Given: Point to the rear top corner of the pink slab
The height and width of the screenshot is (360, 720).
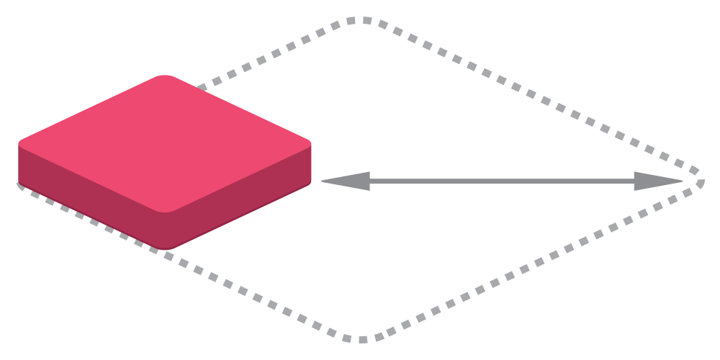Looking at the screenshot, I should click(x=166, y=76).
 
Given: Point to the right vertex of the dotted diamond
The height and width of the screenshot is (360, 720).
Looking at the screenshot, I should click(x=700, y=180).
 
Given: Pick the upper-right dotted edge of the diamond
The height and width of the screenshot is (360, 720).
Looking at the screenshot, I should click(x=533, y=96).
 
